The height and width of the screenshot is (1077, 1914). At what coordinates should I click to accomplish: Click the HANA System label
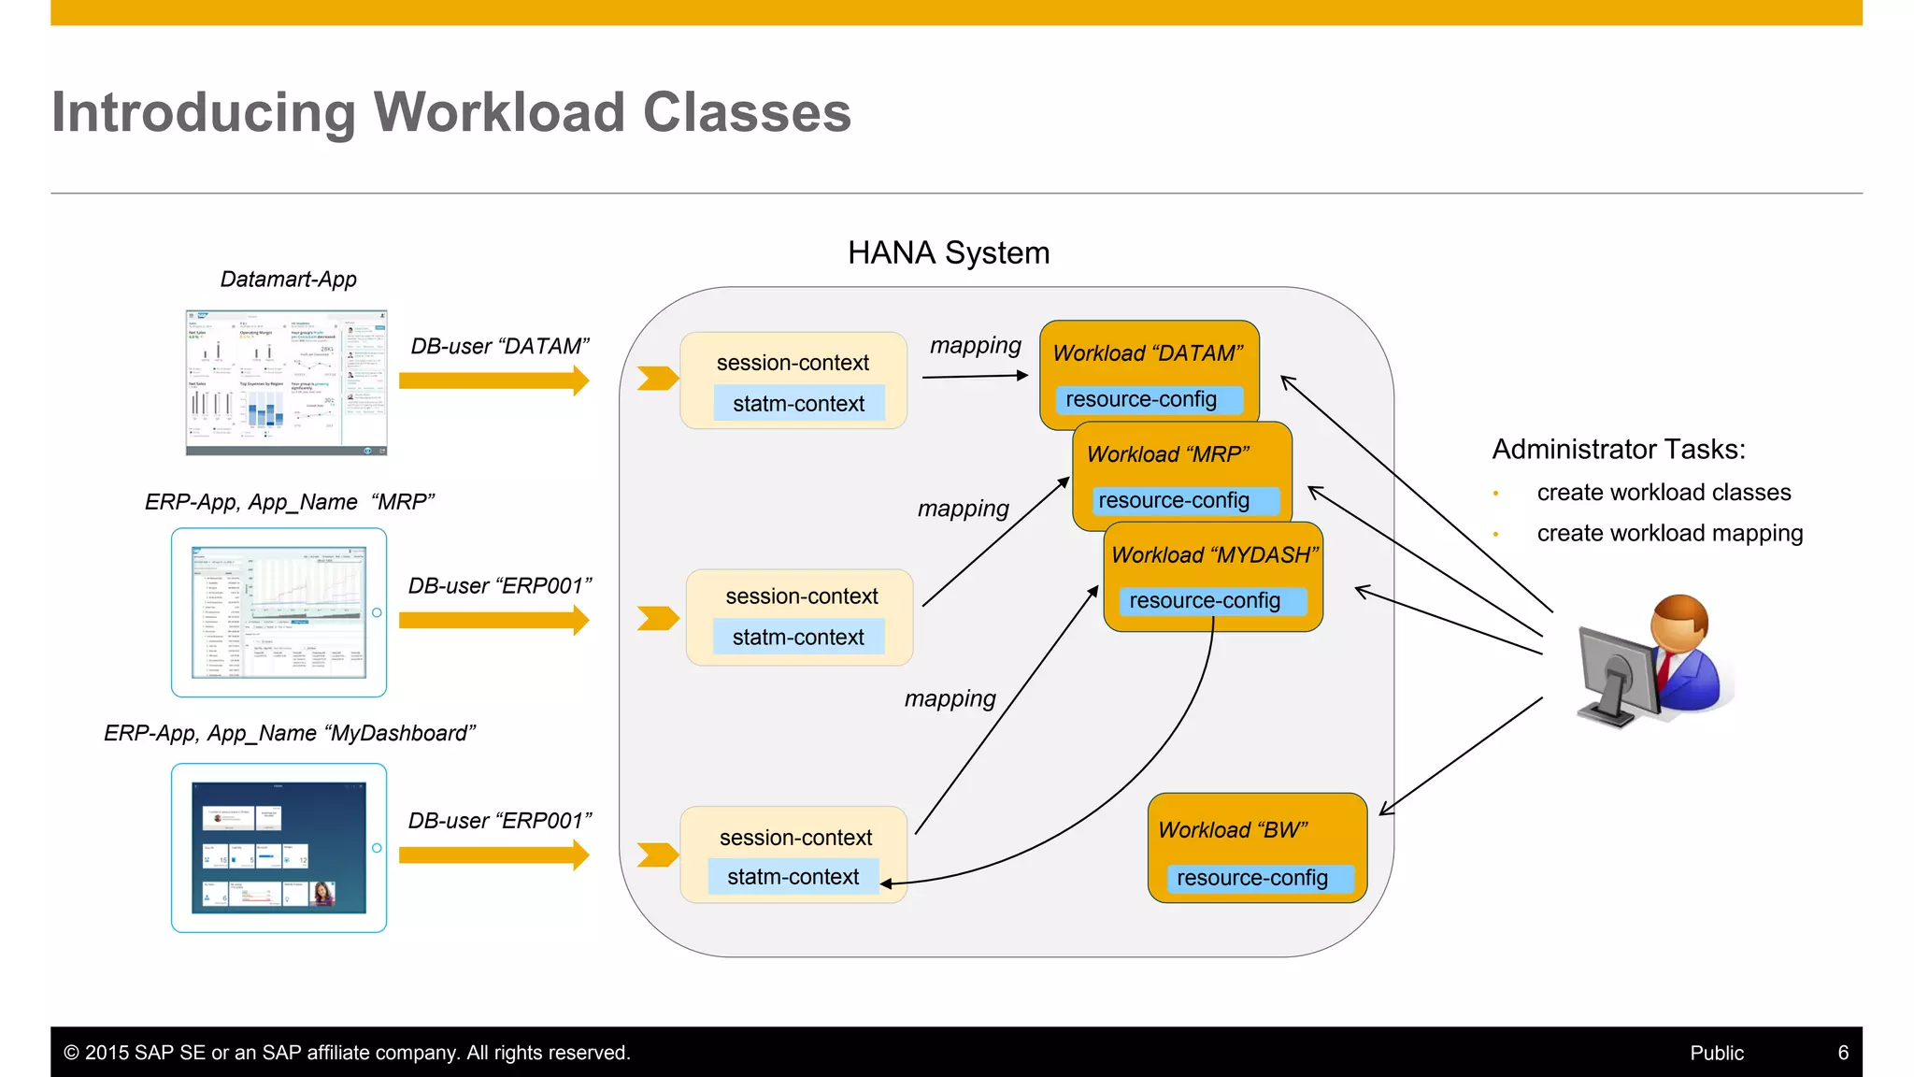coord(949,253)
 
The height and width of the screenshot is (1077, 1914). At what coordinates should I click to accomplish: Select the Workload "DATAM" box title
coord(1148,353)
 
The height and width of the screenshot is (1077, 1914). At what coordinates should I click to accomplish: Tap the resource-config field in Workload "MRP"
coord(1174,500)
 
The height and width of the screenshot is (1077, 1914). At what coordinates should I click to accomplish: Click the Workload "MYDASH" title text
coord(1214,555)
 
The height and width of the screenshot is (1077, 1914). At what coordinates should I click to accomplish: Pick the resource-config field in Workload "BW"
coord(1252,878)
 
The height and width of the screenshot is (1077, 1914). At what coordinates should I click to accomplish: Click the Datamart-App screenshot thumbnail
coord(286,382)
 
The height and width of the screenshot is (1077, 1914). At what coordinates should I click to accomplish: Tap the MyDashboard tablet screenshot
coord(279,848)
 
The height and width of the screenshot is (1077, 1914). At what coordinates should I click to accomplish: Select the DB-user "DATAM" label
coord(500,347)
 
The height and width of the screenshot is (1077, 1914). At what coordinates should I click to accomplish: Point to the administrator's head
coord(1679,625)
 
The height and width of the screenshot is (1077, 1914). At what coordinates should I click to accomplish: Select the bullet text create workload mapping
coord(1669,534)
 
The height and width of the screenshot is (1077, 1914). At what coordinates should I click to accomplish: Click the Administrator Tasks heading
coord(1619,450)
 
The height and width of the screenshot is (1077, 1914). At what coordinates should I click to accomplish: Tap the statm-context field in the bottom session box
coord(793,877)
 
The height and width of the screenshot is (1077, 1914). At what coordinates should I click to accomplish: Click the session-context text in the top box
coord(793,363)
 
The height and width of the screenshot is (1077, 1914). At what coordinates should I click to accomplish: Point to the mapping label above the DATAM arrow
coord(975,346)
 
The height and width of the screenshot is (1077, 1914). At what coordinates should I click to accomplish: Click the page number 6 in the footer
coord(1843,1053)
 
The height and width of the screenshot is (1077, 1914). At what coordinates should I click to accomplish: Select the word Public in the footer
coord(1717,1053)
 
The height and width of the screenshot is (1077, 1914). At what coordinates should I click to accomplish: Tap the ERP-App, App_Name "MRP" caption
coord(290,502)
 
